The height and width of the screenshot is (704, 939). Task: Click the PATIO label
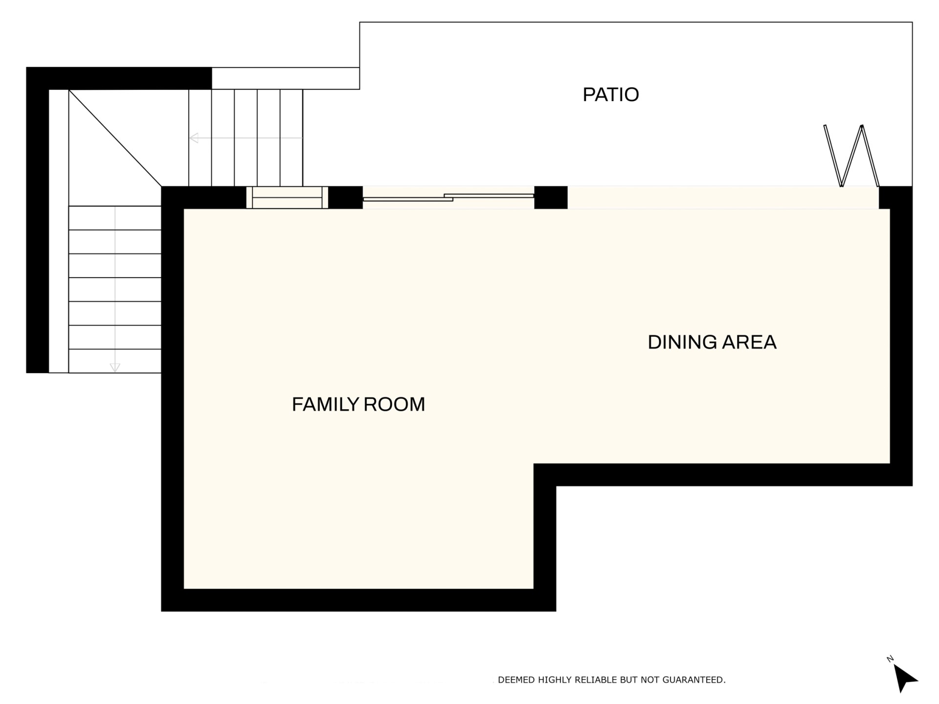(611, 94)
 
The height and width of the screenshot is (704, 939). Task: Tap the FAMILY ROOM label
(358, 404)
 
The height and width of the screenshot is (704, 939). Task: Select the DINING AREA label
(712, 342)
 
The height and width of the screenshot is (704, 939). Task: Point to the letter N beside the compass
(890, 659)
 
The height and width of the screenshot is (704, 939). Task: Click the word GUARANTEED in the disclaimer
(694, 680)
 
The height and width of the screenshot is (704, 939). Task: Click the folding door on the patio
(851, 156)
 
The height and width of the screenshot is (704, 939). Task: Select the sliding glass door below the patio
(448, 198)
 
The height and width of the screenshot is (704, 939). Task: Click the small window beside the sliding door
(287, 198)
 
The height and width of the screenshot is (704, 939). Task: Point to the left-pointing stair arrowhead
(194, 138)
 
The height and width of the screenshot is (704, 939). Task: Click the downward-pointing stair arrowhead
(115, 368)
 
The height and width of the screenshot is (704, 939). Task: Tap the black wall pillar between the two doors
(551, 198)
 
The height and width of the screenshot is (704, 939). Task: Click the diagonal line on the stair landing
(115, 138)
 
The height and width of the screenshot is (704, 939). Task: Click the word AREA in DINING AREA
(749, 342)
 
